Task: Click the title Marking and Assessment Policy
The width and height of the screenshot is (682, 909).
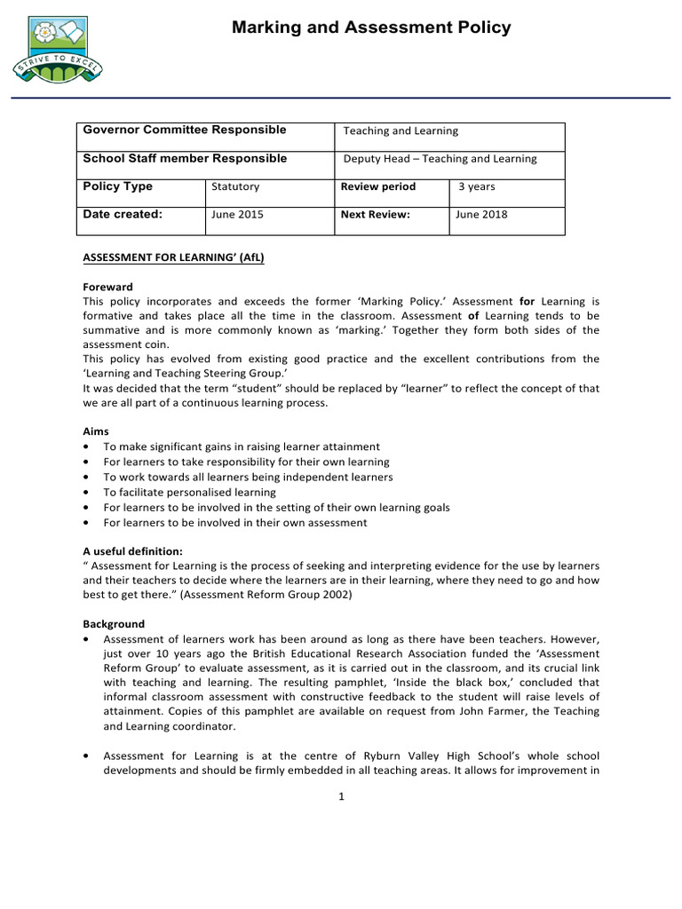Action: [371, 28]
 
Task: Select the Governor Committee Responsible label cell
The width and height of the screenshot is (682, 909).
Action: [185, 130]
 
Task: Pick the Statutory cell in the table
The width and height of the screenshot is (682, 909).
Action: [235, 187]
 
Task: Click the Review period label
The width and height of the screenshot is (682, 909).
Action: [378, 187]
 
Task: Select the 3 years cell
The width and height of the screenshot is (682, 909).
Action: [477, 187]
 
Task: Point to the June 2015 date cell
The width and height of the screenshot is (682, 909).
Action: [237, 215]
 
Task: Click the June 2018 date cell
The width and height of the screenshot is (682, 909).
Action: [481, 215]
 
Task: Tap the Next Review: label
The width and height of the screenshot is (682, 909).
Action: [376, 215]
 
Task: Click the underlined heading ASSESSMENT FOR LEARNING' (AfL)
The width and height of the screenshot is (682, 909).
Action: [173, 258]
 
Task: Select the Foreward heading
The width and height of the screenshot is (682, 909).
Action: [107, 287]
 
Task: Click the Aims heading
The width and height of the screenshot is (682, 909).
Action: [95, 431]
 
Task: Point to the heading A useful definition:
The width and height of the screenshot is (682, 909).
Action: [132, 550]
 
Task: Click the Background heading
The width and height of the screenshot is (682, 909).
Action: [114, 624]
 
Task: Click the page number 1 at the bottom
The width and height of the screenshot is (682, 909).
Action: [341, 795]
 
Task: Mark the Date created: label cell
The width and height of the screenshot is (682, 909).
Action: [123, 215]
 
